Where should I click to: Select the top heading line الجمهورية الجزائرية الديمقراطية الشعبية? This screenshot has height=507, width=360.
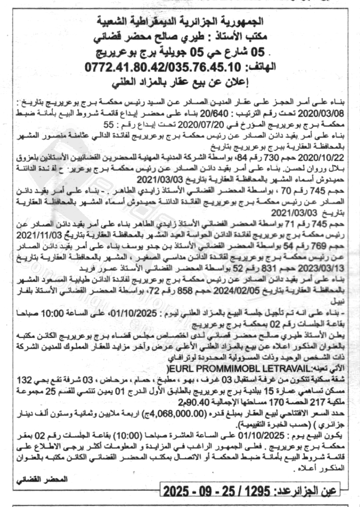180,21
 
